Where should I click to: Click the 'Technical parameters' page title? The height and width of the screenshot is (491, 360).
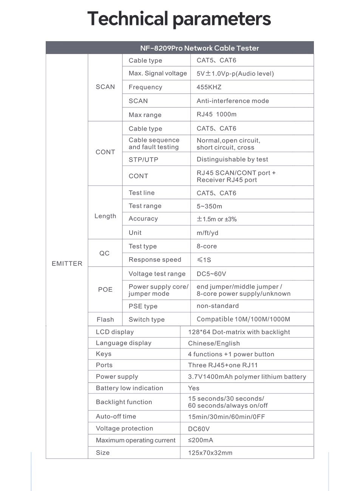point(179,19)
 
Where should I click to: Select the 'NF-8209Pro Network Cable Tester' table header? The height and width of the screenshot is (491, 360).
point(199,48)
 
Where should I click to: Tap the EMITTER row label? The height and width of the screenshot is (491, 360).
point(67,264)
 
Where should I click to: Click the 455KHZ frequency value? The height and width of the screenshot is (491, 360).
point(209,87)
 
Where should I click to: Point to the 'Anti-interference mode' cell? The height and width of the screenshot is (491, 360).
point(233,101)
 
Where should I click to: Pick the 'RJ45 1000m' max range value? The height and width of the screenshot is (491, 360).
point(216,114)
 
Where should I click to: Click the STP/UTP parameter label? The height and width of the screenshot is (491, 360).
point(143,159)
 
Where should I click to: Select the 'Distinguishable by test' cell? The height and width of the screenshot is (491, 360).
point(232,159)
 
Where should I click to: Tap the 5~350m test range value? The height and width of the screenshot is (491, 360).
point(209,206)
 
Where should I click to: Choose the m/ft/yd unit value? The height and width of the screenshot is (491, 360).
point(207,233)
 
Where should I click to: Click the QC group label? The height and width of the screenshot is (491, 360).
point(105,253)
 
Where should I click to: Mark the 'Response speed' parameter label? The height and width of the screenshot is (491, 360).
point(155,260)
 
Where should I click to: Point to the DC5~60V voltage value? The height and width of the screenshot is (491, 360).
point(211,274)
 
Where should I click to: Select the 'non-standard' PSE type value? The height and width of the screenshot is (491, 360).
point(218,306)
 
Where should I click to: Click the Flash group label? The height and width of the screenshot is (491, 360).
point(105,320)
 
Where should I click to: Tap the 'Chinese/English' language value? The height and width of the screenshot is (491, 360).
point(214,343)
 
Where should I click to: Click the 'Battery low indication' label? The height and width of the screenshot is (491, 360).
point(130,388)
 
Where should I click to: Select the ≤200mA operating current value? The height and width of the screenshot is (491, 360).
point(201,440)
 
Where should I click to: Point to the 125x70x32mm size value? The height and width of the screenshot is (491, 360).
point(210,453)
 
